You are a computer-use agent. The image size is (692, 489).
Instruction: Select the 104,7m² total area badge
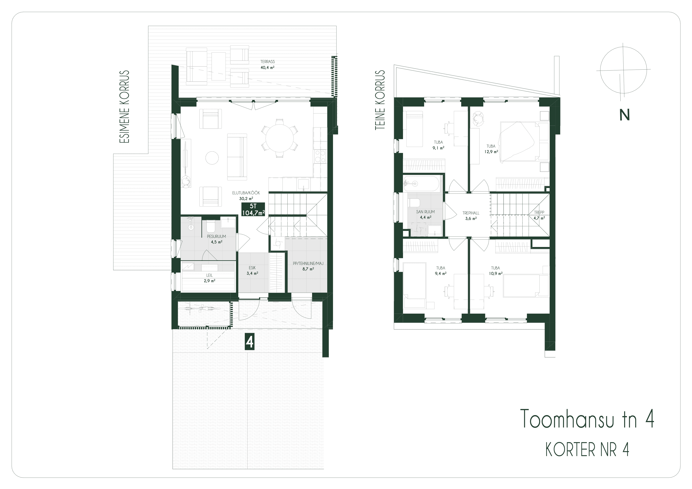tap(253, 213)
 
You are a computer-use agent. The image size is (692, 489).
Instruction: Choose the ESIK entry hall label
tap(252, 268)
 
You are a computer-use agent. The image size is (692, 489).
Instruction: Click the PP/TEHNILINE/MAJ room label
tap(308, 264)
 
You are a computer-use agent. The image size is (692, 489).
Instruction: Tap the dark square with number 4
tap(249, 342)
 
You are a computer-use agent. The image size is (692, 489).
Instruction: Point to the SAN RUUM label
tap(425, 212)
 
